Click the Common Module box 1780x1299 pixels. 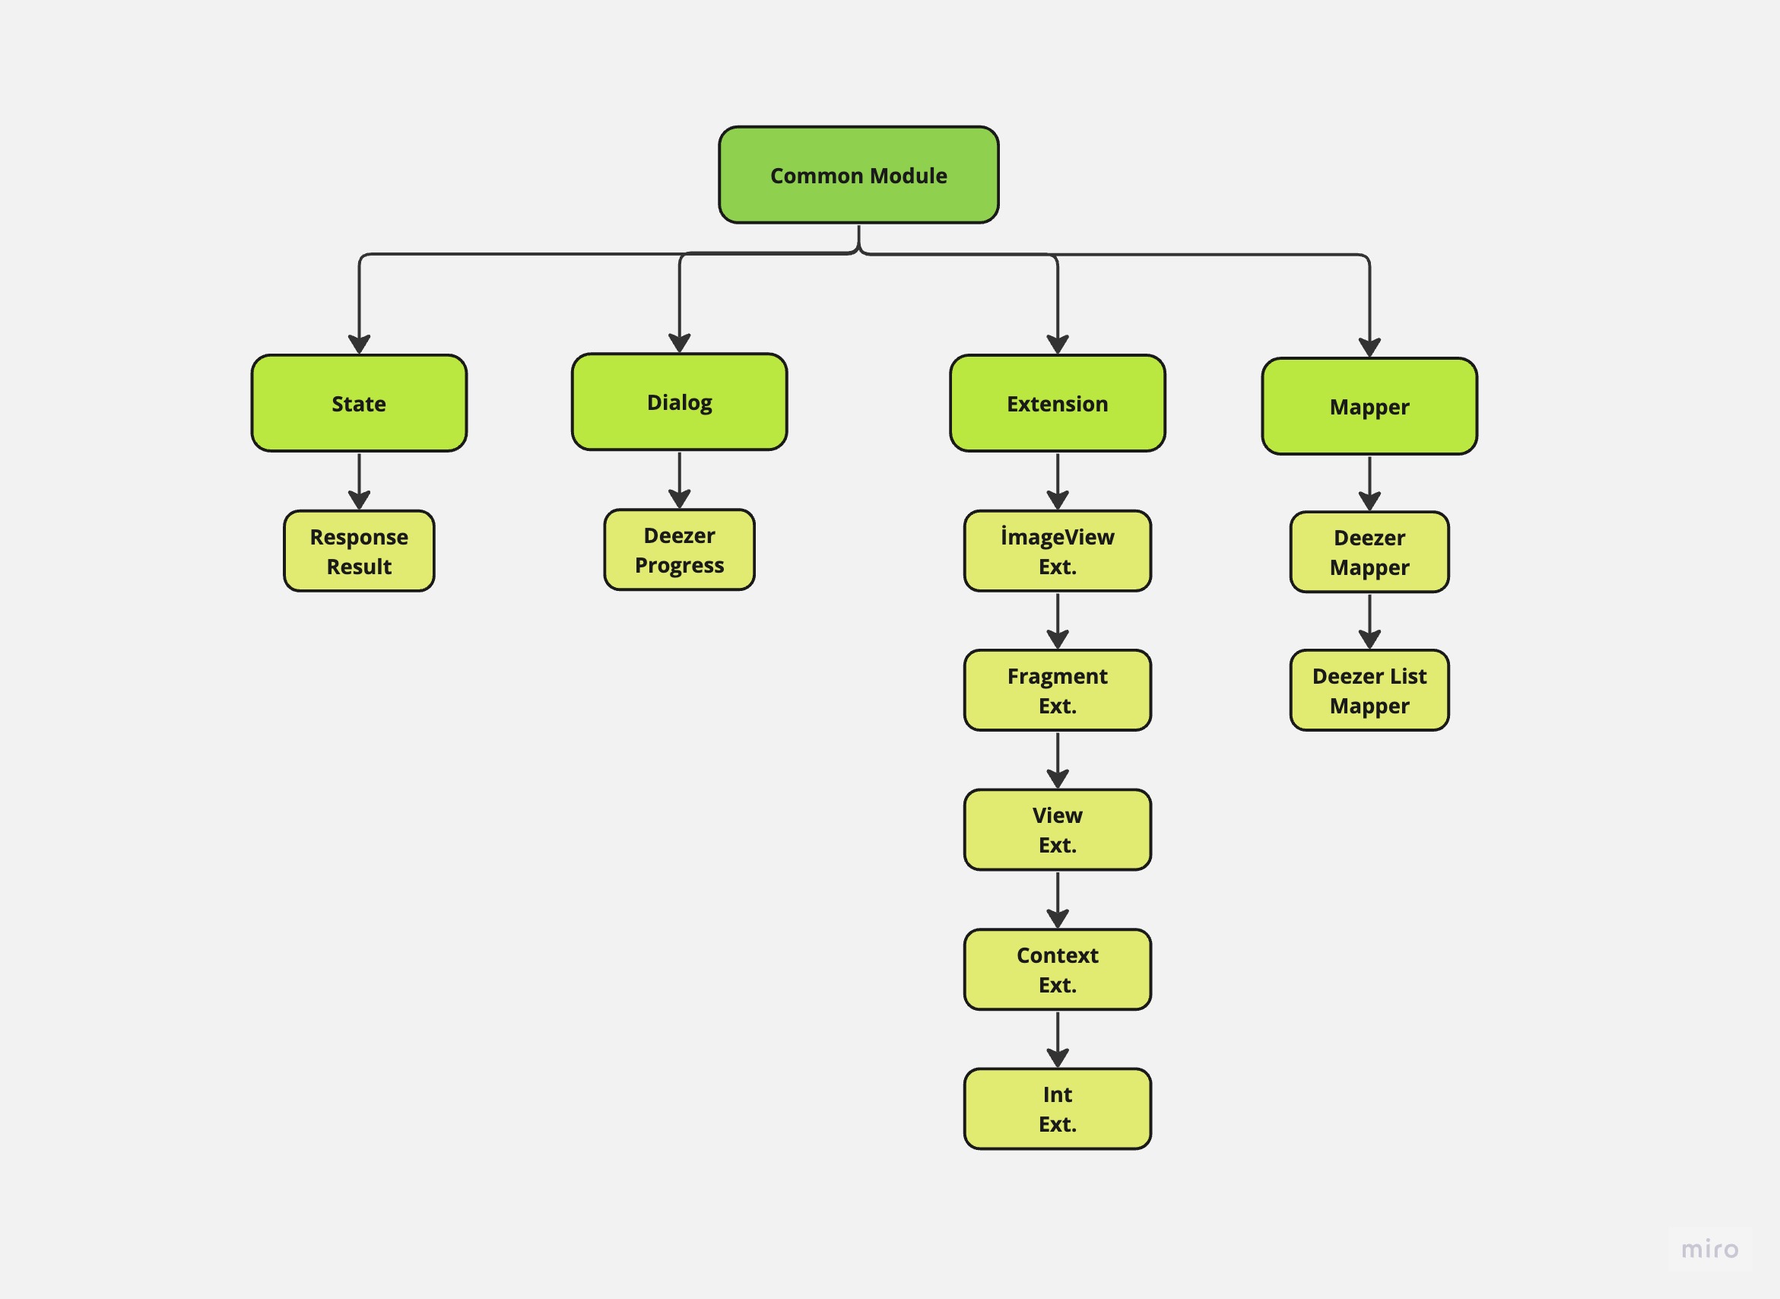[858, 175]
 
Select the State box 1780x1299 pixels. [359, 403]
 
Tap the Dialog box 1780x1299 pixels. [679, 402]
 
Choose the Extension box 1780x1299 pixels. [1058, 403]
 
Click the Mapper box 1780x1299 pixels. [1369, 407]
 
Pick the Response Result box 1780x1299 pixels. [359, 551]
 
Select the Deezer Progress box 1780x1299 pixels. [679, 550]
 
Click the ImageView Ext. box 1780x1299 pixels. [1058, 551]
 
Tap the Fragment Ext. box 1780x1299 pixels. [1058, 691]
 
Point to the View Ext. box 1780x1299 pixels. [1058, 830]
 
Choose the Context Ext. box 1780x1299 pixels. [1058, 970]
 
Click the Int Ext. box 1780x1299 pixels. [1058, 1109]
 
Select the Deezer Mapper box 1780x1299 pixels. [1369, 552]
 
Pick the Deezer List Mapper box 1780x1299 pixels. [1369, 691]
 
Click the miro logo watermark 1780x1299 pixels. [1709, 1249]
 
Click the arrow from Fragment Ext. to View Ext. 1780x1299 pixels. [1058, 759]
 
